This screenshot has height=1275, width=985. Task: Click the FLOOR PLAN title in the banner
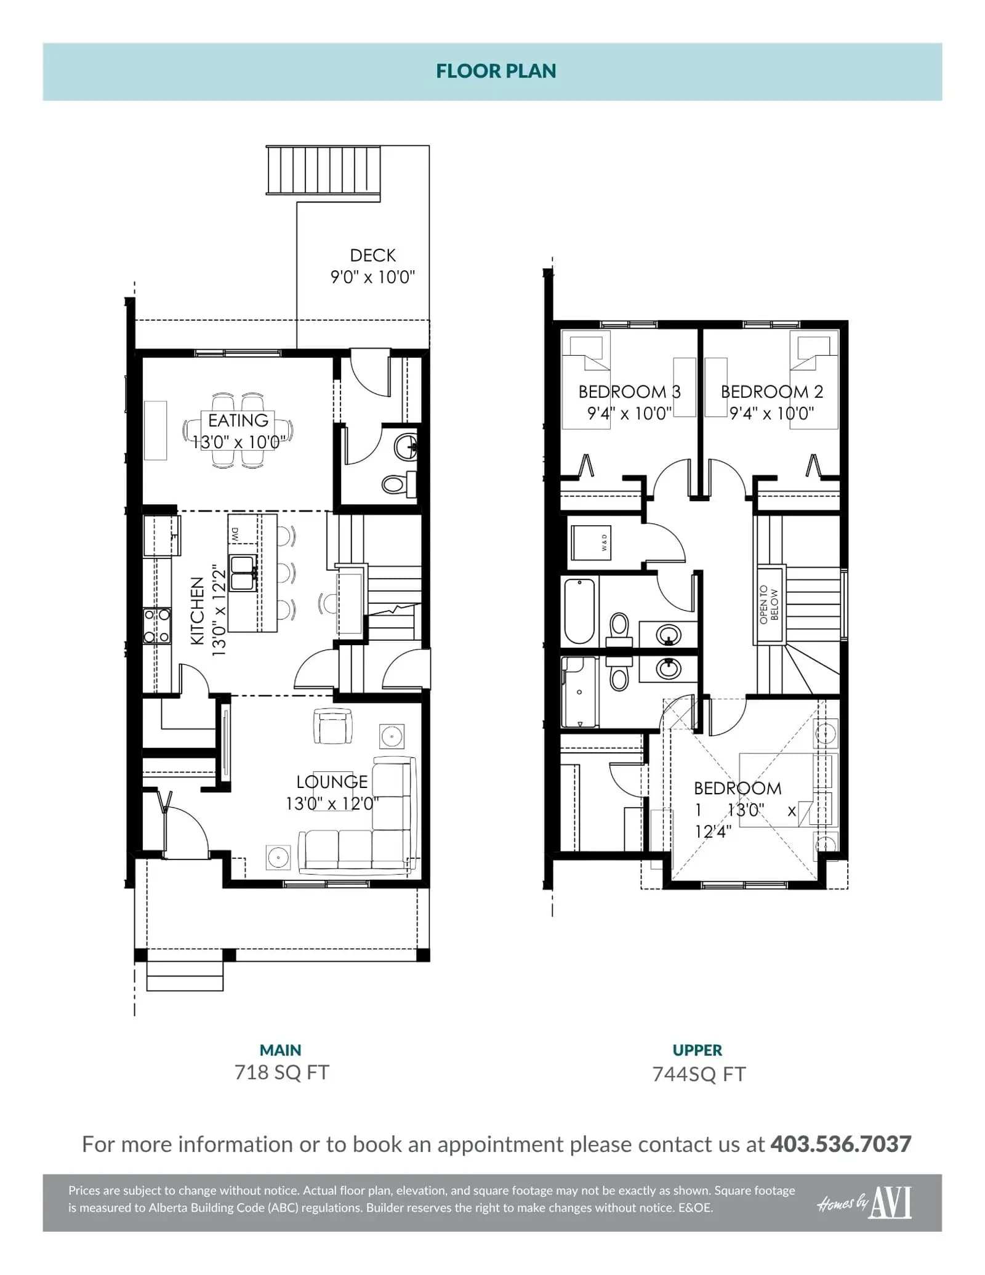click(x=496, y=71)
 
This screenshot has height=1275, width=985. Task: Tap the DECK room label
click(x=372, y=255)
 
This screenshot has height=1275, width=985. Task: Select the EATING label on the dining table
click(x=238, y=420)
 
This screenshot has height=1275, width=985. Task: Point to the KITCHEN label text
click(x=197, y=611)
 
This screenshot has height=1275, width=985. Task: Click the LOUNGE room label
click(x=332, y=782)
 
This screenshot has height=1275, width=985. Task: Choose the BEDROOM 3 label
click(x=629, y=392)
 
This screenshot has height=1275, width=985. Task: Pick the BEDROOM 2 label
click(x=772, y=392)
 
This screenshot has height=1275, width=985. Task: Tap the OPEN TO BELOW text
click(x=769, y=604)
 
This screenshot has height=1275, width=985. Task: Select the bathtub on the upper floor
click(x=579, y=611)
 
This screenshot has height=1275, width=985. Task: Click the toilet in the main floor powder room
click(x=399, y=483)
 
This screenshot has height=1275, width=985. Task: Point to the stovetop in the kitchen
click(x=157, y=625)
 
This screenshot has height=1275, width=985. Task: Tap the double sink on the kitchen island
click(x=243, y=573)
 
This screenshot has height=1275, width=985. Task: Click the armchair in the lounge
click(x=332, y=726)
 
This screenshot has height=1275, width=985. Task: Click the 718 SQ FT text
click(x=282, y=1072)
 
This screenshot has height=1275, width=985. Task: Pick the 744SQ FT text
click(x=699, y=1074)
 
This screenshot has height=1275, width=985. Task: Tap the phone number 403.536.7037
click(x=841, y=1144)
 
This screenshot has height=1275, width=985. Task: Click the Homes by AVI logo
click(x=864, y=1203)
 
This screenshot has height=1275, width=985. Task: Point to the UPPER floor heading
click(x=698, y=1050)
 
